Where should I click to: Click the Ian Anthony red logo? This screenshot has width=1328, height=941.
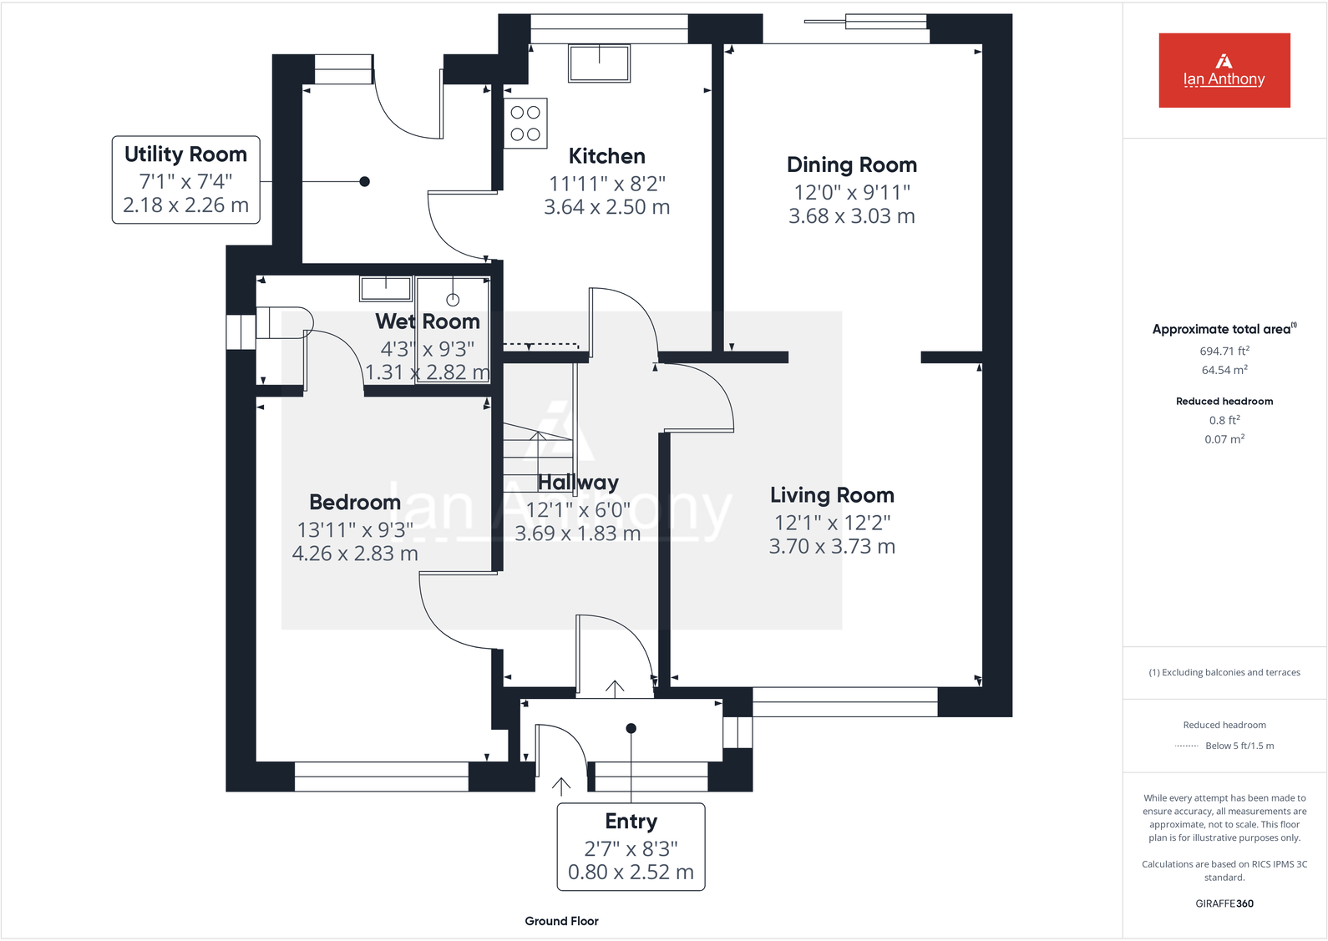tap(1224, 70)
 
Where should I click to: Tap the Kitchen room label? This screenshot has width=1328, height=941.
tap(606, 156)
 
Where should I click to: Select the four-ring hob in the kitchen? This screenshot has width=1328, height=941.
tap(525, 124)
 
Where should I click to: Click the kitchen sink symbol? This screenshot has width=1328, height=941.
tap(599, 63)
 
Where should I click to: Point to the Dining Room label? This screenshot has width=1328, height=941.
tap(851, 165)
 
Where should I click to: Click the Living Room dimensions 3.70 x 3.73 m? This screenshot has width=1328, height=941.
tap(832, 547)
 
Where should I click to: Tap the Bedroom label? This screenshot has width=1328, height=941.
tap(355, 503)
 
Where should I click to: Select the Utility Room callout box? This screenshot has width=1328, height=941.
tap(185, 180)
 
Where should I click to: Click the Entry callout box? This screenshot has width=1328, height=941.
tap(631, 847)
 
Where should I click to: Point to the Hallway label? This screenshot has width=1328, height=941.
tap(578, 483)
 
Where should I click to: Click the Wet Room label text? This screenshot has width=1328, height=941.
tap(428, 321)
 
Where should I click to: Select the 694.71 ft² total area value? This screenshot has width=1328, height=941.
tap(1224, 352)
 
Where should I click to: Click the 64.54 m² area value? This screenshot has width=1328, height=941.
tap(1224, 370)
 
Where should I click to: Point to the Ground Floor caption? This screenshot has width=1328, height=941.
tap(561, 921)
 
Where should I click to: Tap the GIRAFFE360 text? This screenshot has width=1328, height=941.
tap(1224, 903)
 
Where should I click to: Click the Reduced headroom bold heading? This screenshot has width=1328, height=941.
tap(1224, 402)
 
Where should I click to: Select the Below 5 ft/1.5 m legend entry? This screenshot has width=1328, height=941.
tap(1239, 746)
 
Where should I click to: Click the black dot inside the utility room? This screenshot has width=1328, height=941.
tap(364, 181)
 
